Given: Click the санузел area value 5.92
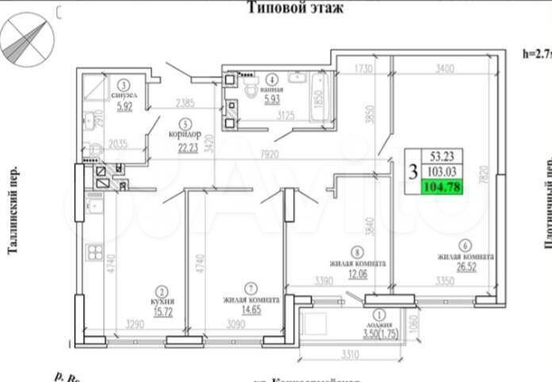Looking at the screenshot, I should point(125,109).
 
